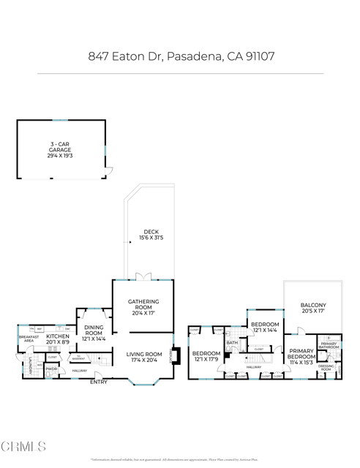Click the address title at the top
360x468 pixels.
[180, 56]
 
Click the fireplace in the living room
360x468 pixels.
[173, 355]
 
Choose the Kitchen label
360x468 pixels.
[58, 336]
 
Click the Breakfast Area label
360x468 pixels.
[29, 339]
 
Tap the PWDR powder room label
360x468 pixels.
[51, 369]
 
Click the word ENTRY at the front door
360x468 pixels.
[97, 382]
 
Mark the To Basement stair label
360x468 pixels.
[77, 358]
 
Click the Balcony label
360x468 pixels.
[312, 305]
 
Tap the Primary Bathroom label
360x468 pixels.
[329, 345]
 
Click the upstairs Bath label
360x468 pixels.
[231, 342]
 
